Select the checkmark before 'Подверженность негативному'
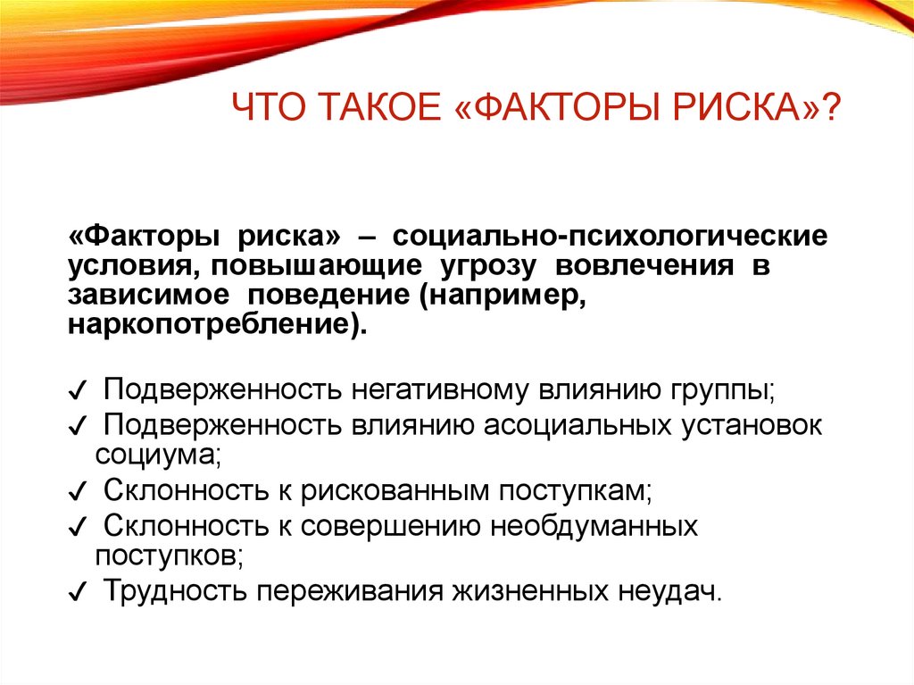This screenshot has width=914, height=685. [78, 393]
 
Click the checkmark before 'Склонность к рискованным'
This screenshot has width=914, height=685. [78, 491]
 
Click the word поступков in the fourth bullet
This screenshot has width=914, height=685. [167, 555]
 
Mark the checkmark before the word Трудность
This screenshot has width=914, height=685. [78, 592]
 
